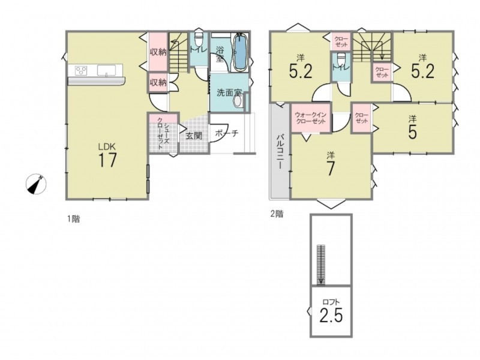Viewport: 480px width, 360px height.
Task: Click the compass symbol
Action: point(36,184)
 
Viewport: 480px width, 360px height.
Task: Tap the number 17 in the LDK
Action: point(107,160)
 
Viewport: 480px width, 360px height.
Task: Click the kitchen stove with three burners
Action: point(81,70)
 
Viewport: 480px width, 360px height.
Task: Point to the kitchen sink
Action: point(106,70)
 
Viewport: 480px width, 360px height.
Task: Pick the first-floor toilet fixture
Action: point(198,39)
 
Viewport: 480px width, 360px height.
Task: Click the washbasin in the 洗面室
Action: point(238,101)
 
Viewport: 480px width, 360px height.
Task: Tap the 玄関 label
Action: point(194,136)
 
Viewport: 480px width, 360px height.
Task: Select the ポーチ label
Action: point(227,133)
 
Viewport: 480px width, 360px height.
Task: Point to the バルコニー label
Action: point(280,152)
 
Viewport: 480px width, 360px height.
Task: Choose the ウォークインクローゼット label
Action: point(310,118)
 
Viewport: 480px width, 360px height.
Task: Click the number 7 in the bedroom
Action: point(330,169)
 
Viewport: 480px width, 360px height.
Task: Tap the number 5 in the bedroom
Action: point(412,132)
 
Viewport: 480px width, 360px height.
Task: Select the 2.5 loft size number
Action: point(331,316)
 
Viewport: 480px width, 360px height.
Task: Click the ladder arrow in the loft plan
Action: point(320,265)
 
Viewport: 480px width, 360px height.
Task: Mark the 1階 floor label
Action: point(73,219)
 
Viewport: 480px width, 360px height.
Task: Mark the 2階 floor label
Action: point(277,214)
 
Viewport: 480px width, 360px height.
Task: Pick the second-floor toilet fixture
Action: point(340,58)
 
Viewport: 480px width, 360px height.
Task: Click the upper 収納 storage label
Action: point(158,52)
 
